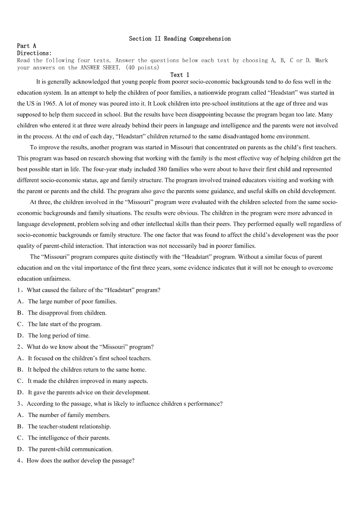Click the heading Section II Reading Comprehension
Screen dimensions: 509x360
pos(180,39)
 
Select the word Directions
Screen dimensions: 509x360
pos(34,53)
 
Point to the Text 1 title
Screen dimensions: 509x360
pos(180,75)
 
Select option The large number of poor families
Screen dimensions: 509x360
pos(72,301)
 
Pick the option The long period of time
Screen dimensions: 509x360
pos(59,335)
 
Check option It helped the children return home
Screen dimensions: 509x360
pos(87,369)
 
